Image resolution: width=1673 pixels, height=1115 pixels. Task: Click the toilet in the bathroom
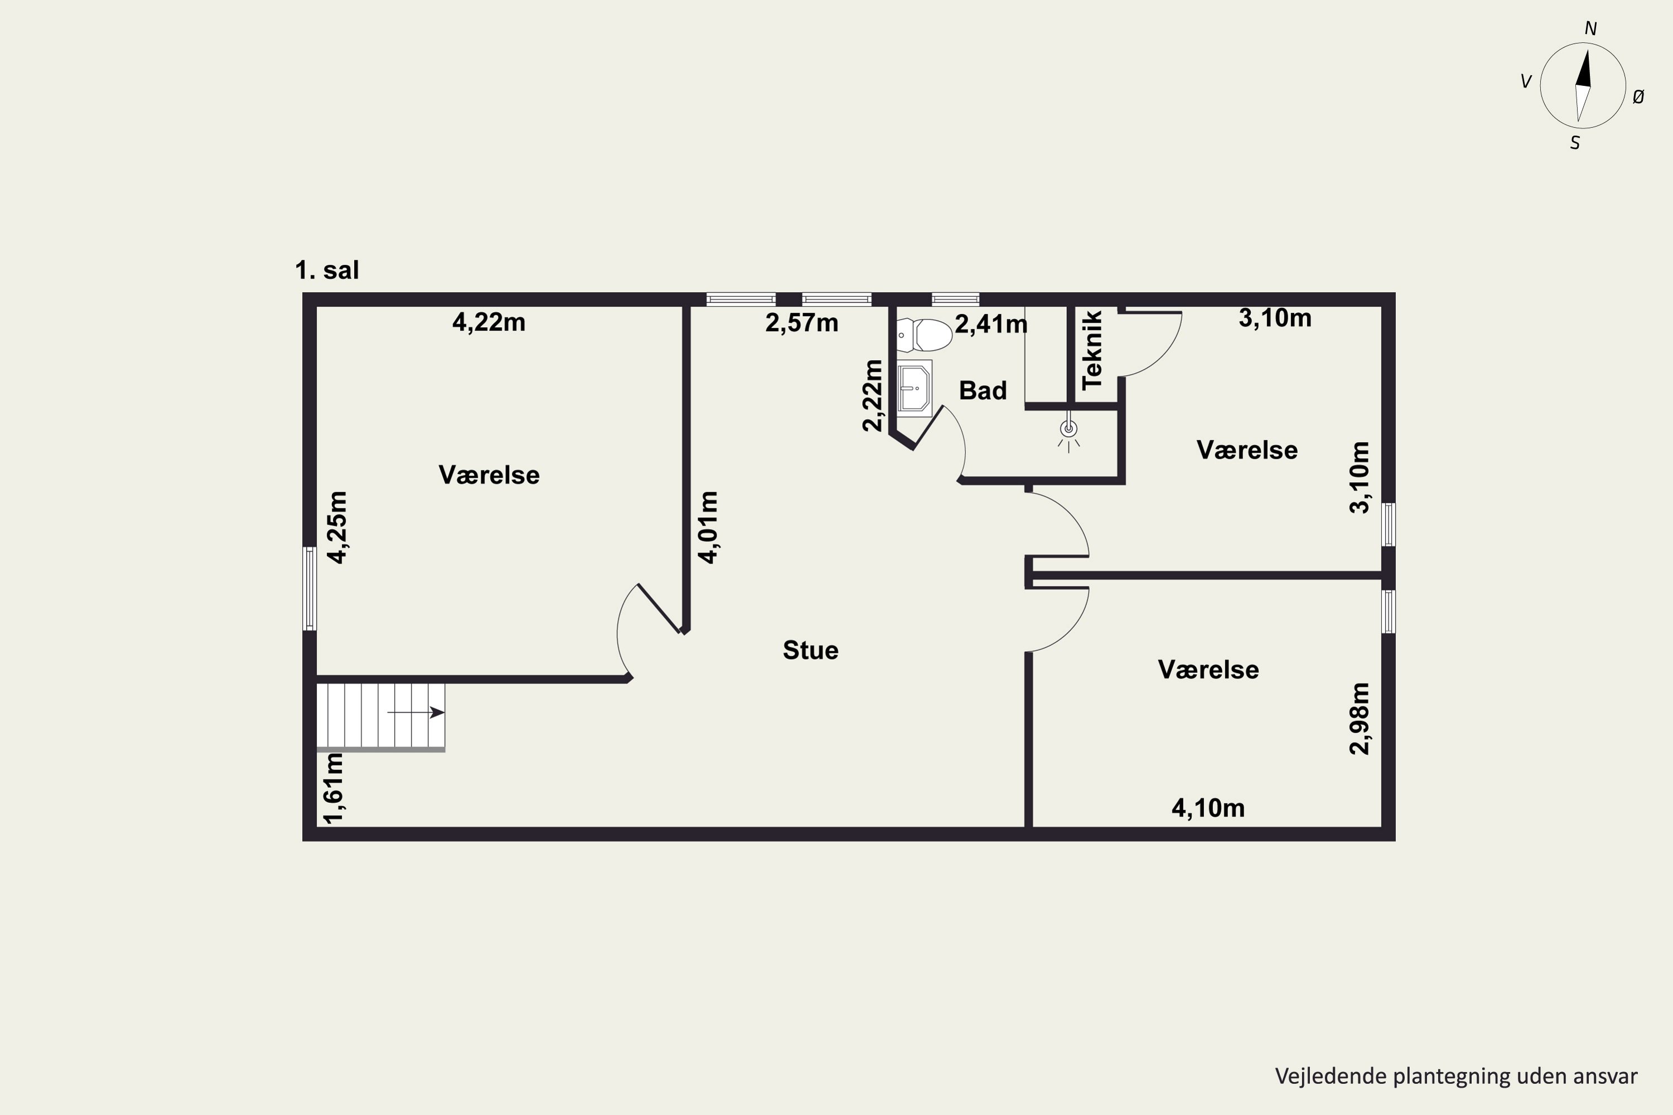(x=924, y=335)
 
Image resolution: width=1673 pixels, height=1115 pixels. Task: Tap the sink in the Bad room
(x=914, y=388)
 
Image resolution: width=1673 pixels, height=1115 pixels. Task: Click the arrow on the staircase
(x=415, y=712)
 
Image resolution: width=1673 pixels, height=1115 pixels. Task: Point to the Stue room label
(x=810, y=651)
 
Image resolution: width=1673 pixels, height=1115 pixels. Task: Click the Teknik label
(x=1092, y=350)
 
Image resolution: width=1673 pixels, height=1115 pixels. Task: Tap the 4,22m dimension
(x=489, y=323)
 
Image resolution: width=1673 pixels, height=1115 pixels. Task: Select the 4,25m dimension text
(x=337, y=527)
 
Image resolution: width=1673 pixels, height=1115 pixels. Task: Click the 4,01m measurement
(x=708, y=527)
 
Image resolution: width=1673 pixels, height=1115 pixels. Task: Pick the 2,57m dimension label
(x=802, y=323)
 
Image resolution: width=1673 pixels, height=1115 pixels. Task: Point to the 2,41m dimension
(x=991, y=324)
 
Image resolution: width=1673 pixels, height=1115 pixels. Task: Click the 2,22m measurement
(x=872, y=395)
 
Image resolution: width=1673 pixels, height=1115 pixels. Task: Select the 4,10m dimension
(x=1208, y=808)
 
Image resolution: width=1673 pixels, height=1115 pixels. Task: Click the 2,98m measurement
(x=1358, y=718)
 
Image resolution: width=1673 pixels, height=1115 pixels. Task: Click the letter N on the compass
(x=1591, y=28)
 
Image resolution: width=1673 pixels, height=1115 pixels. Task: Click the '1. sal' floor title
(x=327, y=270)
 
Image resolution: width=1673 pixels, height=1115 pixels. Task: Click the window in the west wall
(x=310, y=589)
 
